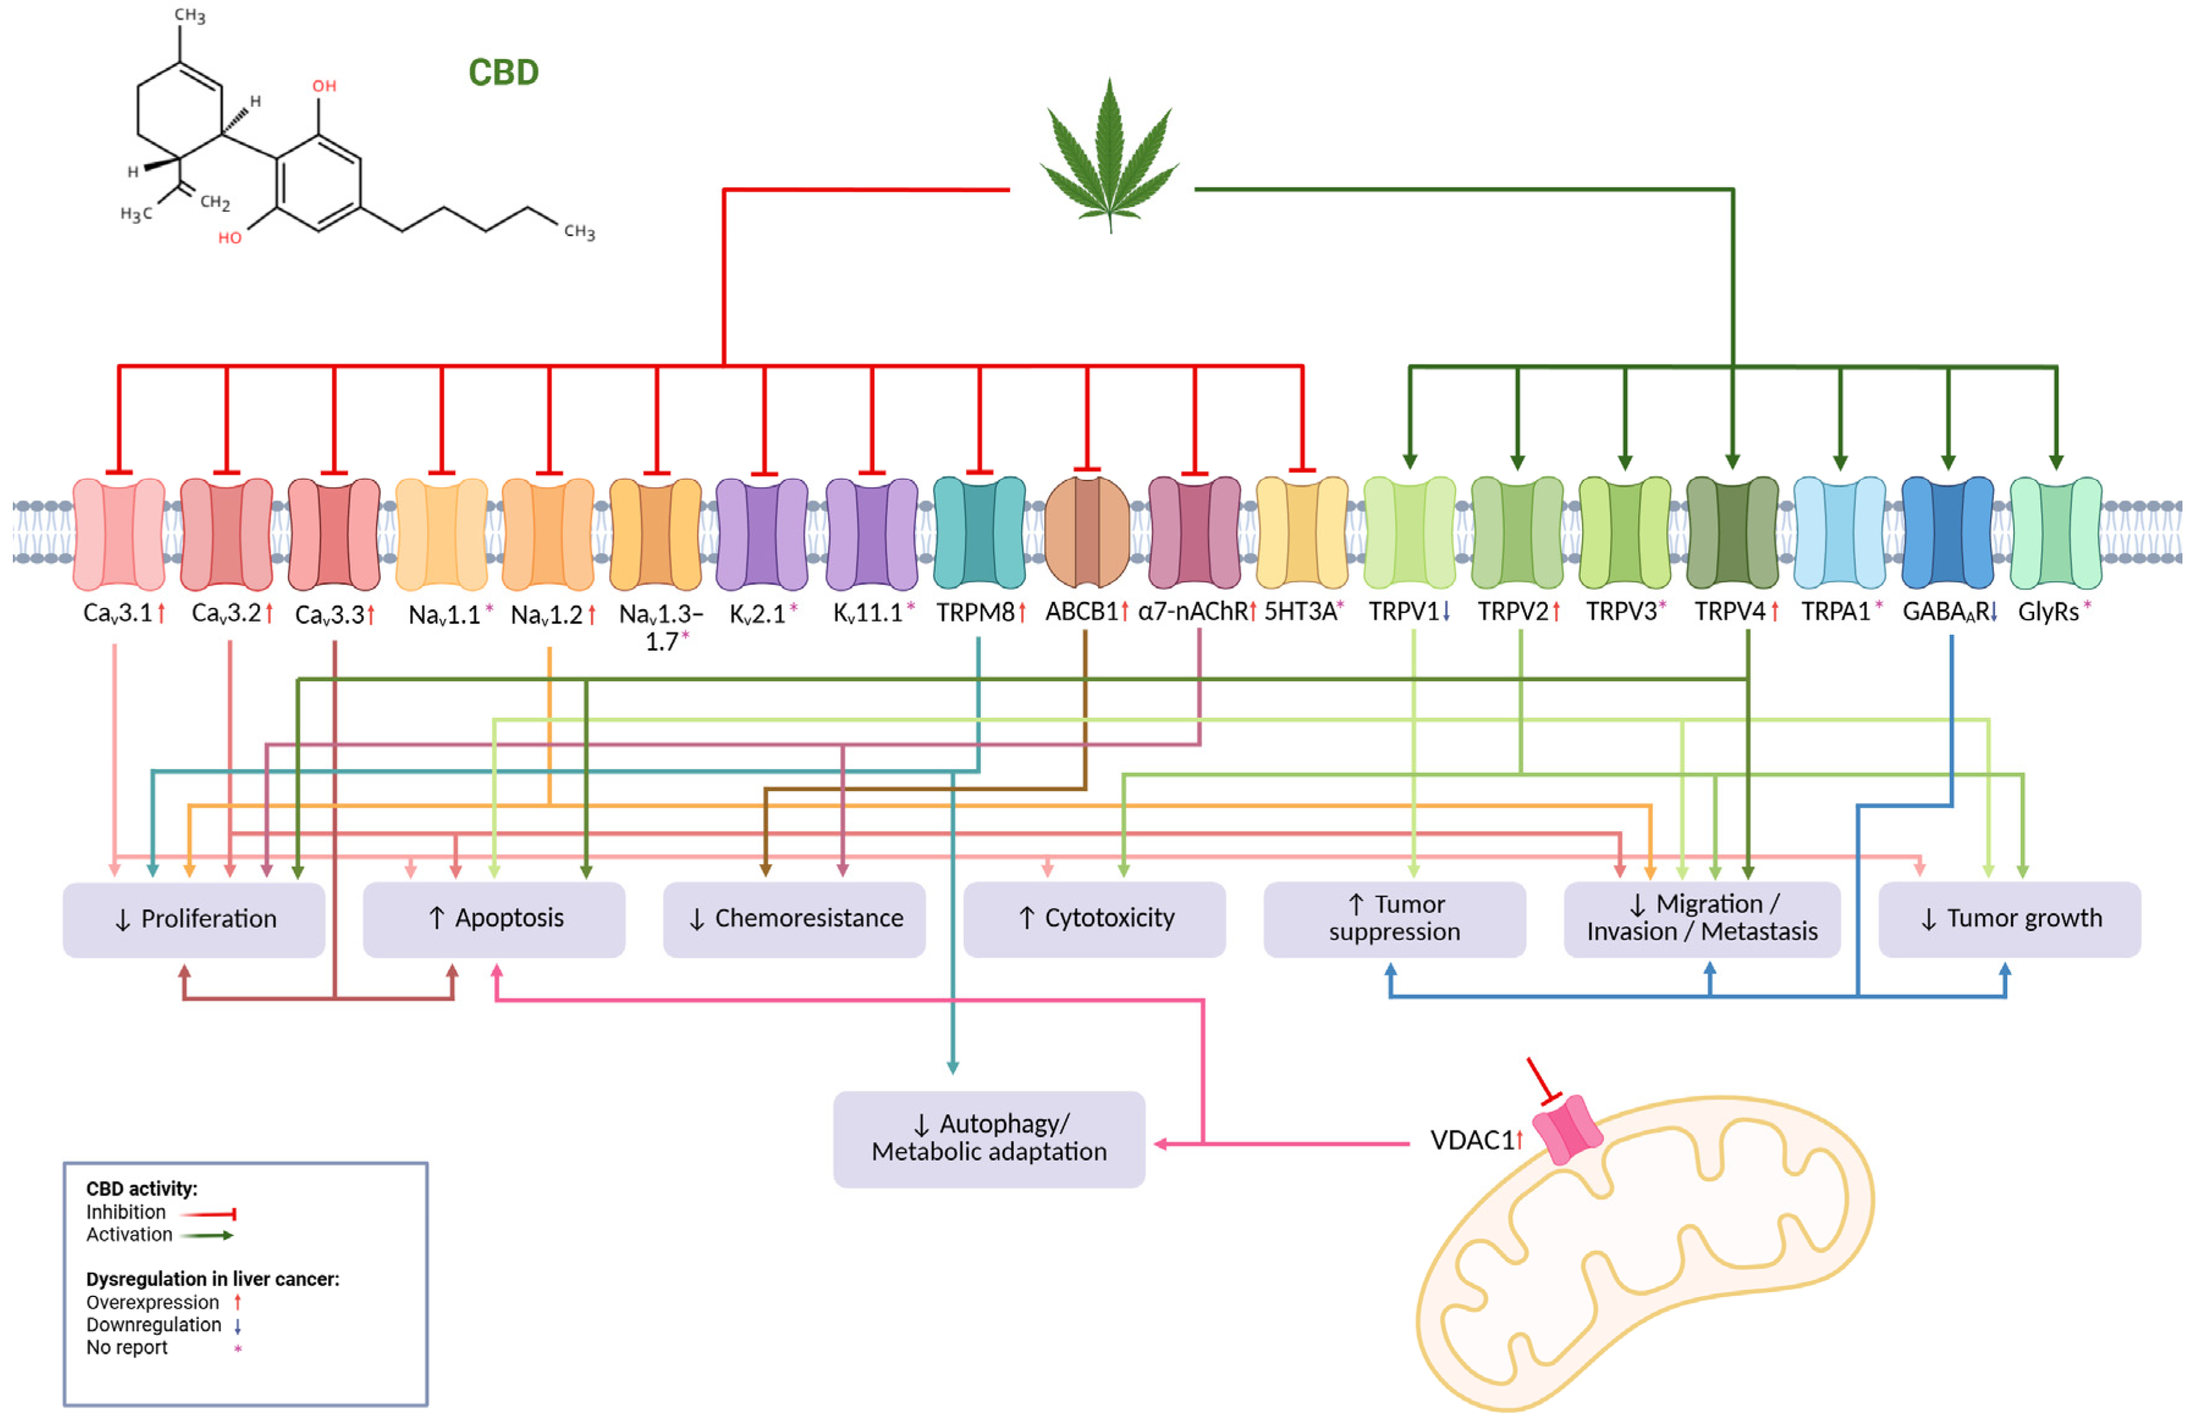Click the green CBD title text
pos(503,73)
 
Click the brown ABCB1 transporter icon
pos(1087,532)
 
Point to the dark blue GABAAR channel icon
pos(1947,532)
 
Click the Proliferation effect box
pos(193,919)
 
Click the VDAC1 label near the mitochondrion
pos(1471,1140)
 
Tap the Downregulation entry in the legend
pos(154,1325)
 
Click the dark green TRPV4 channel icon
pos(1731,532)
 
